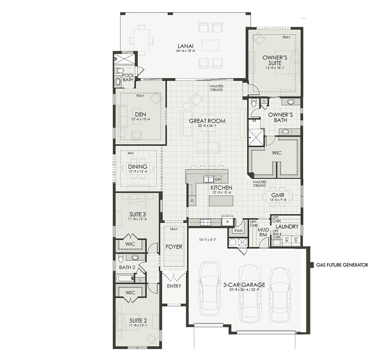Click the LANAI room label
[x=185, y=46]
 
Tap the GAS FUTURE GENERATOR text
[x=342, y=265]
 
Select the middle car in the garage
[x=250, y=293]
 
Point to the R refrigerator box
[x=228, y=222]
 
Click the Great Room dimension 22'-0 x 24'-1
[x=207, y=126]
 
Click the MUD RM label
[x=263, y=231]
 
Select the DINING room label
[x=137, y=167]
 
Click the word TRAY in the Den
[x=139, y=96]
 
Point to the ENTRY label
[x=174, y=286]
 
